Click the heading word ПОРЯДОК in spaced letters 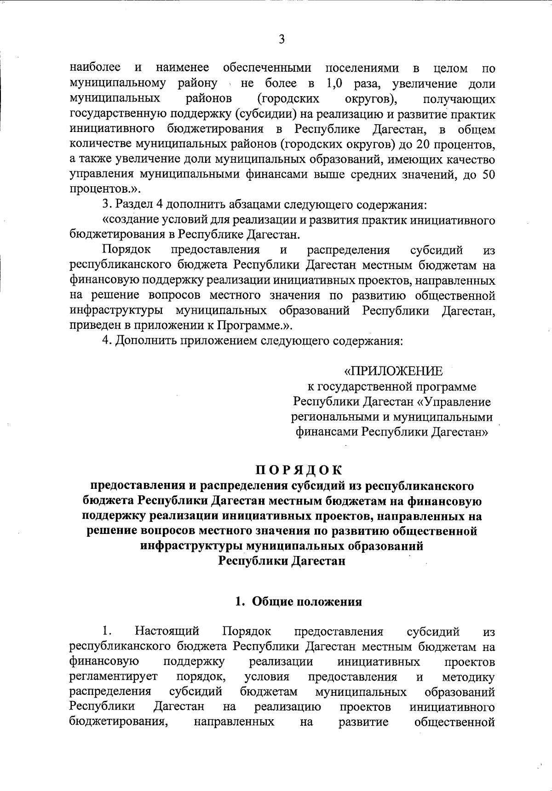299,470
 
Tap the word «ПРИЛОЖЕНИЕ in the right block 394,371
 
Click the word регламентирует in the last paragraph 113,677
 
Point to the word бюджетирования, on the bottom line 118,722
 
